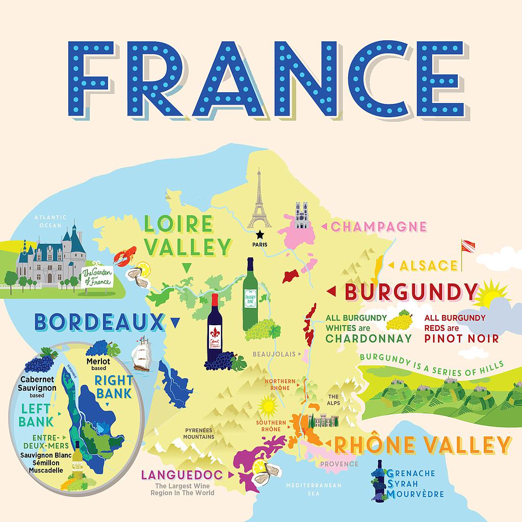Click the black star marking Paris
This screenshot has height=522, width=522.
260,234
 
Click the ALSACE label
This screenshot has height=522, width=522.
429,265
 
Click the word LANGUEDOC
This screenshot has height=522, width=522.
182,475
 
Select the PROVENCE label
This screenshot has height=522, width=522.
339,464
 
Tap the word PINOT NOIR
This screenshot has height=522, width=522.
461,337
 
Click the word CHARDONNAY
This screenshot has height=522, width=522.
361,337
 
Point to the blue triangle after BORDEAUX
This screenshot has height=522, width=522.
176,322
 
